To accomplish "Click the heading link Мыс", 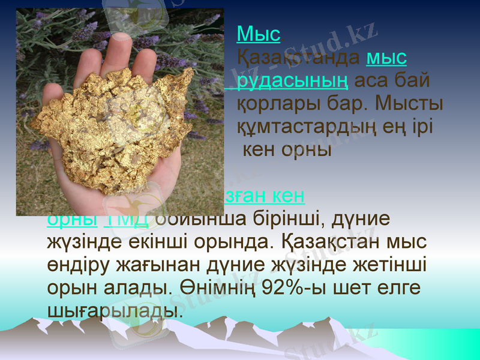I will click(x=259, y=34).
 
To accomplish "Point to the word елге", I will click(x=400, y=287).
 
